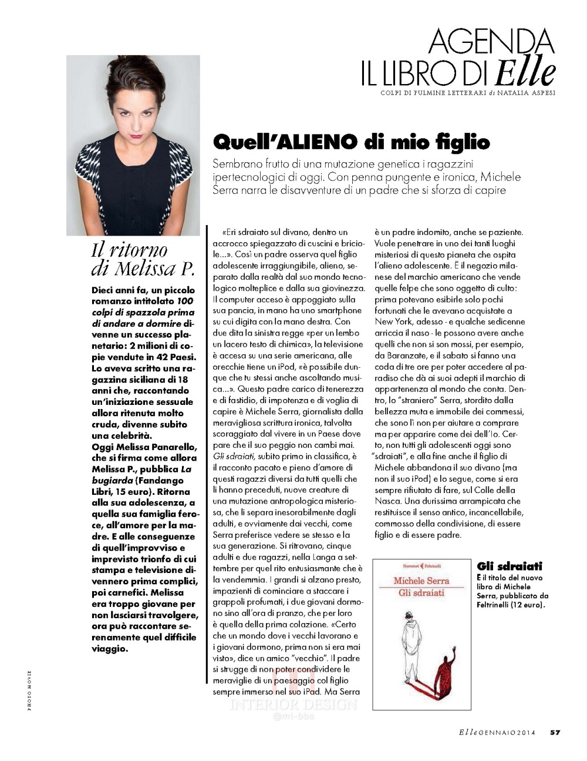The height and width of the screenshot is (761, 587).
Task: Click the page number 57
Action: point(555,732)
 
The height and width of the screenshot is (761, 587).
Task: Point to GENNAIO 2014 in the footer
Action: point(510,732)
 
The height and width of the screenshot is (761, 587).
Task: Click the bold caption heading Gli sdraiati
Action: point(510,566)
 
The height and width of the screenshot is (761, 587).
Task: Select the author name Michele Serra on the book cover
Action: point(421,581)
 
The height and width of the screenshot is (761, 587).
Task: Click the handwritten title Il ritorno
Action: point(130,250)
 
